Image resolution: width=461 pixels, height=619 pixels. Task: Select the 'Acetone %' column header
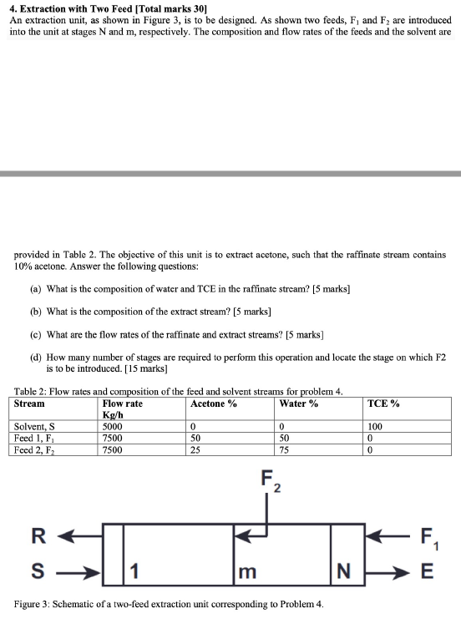214,404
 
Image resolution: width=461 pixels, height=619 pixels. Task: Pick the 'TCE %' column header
383,404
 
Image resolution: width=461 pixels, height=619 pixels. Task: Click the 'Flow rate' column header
122,404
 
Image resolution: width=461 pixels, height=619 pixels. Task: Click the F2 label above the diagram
270,483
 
